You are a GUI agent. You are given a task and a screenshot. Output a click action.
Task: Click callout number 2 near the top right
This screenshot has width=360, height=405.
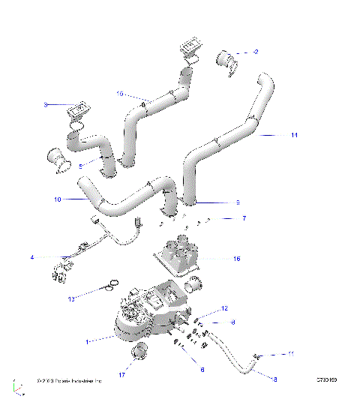(256, 52)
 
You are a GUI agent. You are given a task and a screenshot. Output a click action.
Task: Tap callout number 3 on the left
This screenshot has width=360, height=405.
(46, 105)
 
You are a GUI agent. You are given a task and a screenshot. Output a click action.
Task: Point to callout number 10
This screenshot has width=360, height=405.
(57, 199)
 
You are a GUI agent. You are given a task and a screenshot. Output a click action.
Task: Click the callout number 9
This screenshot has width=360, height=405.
(238, 202)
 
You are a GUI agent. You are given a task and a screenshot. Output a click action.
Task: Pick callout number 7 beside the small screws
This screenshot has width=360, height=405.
(244, 218)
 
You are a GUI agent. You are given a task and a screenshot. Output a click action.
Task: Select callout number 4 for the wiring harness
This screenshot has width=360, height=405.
(32, 258)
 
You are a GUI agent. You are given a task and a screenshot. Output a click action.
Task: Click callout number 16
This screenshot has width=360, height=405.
(237, 259)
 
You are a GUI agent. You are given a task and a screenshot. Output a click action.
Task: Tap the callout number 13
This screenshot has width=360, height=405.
(93, 298)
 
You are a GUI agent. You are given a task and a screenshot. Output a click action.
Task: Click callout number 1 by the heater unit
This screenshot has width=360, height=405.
(88, 341)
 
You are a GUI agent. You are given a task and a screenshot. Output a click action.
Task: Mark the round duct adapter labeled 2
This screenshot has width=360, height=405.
(228, 60)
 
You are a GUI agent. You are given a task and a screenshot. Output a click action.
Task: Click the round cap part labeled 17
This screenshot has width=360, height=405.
(139, 351)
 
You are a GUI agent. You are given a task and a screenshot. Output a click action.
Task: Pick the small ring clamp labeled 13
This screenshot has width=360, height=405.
(111, 283)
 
